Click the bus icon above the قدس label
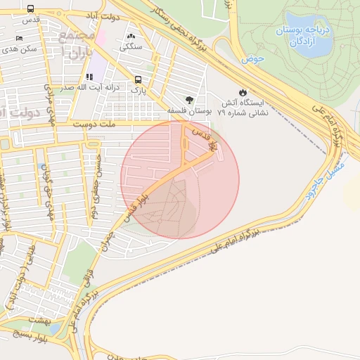click(x=30, y=8)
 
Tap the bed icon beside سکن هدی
click(x=19, y=38)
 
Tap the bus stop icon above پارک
click(x=139, y=79)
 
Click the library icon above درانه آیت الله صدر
click(x=89, y=77)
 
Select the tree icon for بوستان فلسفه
click(x=190, y=100)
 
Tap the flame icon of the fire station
click(x=243, y=91)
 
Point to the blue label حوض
click(x=253, y=60)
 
